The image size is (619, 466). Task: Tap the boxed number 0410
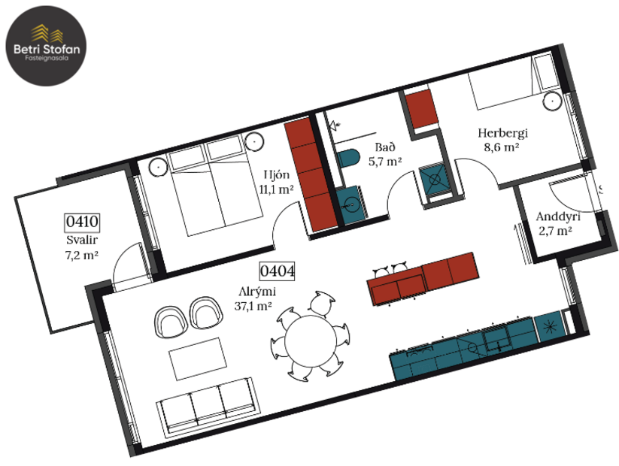click(x=83, y=222)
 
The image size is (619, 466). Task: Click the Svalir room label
click(x=82, y=241)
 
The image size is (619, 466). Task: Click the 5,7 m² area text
click(x=384, y=161)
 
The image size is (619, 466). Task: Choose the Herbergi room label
click(x=503, y=133)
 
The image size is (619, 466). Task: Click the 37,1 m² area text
click(x=253, y=305)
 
